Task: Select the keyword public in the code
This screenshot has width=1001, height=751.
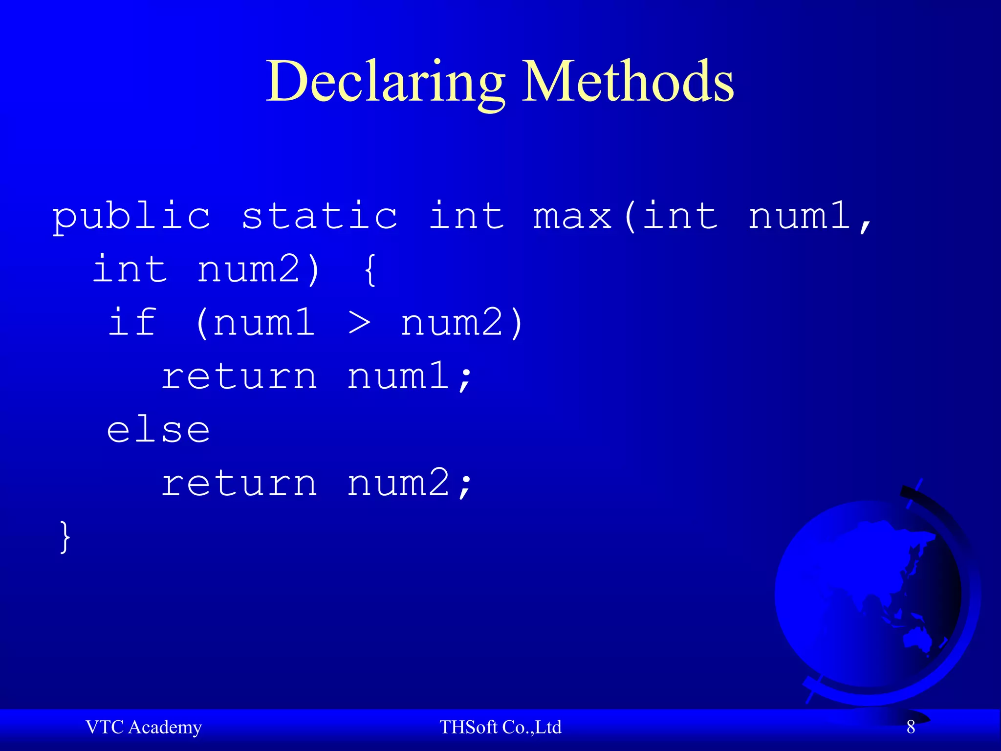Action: tap(131, 216)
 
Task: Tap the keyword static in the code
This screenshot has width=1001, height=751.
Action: tap(320, 216)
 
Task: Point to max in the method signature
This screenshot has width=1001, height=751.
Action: tap(572, 216)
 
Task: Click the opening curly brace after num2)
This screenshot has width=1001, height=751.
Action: tap(370, 269)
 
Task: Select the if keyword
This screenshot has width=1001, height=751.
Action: tap(132, 322)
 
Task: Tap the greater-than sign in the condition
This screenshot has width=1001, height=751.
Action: tap(360, 323)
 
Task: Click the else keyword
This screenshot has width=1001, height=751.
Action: tap(159, 430)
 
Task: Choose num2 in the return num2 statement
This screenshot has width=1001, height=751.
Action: tap(398, 483)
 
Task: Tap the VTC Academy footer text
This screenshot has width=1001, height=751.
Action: tap(144, 728)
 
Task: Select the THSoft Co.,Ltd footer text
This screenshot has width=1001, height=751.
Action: tap(500, 728)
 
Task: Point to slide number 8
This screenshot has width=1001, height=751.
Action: tap(911, 727)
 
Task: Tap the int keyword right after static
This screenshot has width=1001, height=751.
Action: tap(467, 216)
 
